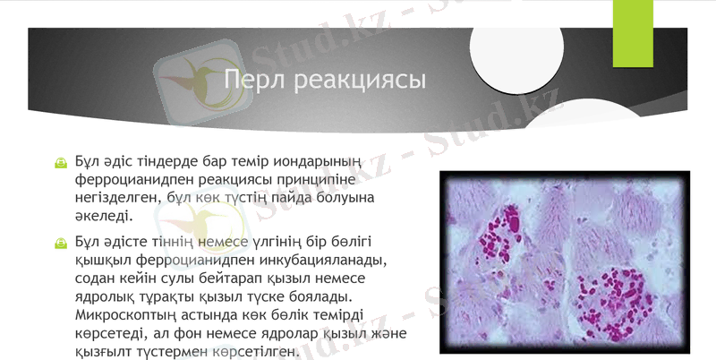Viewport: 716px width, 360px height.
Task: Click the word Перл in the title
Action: [x=252, y=81]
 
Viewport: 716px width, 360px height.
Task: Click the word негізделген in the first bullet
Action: [x=119, y=198]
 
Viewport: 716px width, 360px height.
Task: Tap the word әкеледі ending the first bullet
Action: [x=104, y=216]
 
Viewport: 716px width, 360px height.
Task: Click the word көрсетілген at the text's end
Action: [x=255, y=351]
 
